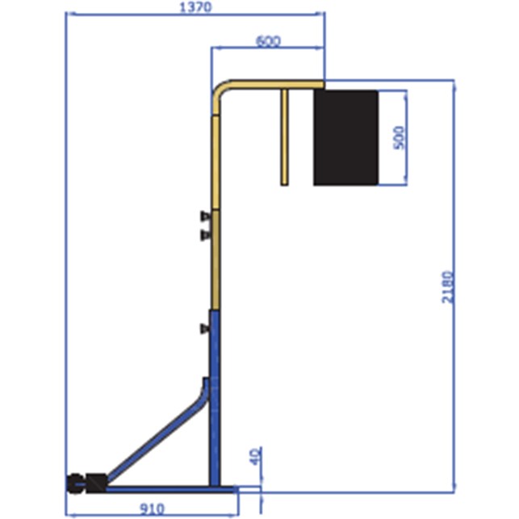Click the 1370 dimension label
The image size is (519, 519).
coord(195,7)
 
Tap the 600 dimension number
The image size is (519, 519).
coord(268,41)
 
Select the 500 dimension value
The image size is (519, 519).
coord(400,138)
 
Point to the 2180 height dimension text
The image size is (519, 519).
coord(447,287)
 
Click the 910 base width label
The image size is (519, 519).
coord(152,509)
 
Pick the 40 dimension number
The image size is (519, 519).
coord(255,456)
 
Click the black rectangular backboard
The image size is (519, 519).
coord(345,137)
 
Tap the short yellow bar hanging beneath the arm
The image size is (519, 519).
coord(284,137)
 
